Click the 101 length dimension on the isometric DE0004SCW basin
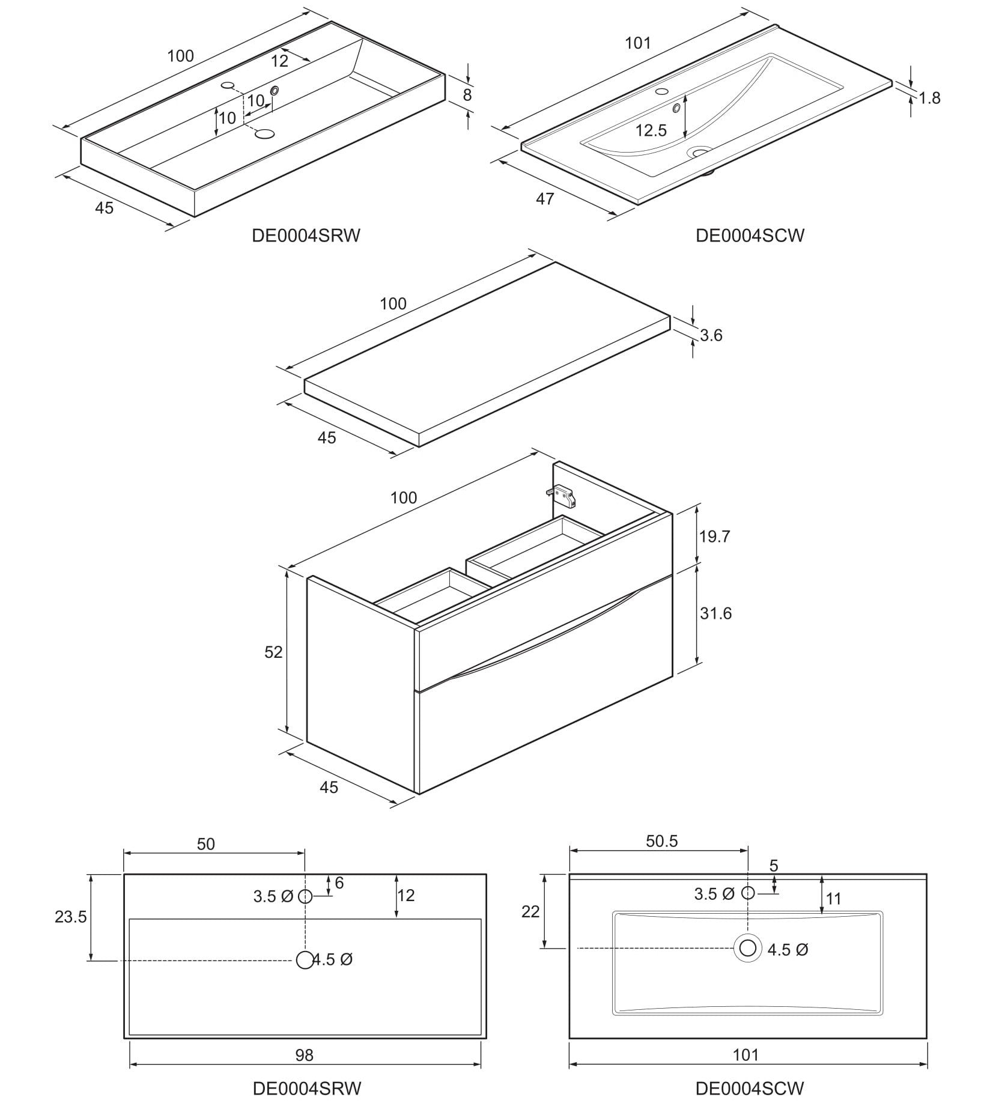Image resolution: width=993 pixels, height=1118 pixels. [x=637, y=43]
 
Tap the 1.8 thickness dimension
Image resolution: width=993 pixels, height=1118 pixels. [x=929, y=97]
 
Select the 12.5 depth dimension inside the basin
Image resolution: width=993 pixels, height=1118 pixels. [x=651, y=130]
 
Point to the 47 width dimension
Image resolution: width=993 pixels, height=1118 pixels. [x=544, y=199]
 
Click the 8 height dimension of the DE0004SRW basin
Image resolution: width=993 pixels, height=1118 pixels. [x=467, y=95]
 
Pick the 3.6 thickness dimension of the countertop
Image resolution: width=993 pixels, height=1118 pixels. [x=711, y=335]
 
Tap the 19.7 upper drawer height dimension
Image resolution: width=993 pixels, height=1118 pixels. [x=714, y=536]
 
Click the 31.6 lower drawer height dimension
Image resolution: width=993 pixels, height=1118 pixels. [x=715, y=613]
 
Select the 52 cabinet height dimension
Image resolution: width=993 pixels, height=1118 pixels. [x=273, y=652]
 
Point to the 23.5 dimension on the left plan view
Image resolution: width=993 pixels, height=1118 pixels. [x=71, y=917]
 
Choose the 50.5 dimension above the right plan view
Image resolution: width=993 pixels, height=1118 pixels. [x=662, y=841]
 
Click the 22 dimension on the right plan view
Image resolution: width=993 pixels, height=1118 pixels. [x=530, y=911]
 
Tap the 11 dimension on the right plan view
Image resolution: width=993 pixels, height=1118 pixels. [x=833, y=899]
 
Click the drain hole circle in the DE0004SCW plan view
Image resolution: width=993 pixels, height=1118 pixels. [x=747, y=948]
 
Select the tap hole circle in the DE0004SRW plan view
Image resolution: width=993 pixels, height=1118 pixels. [x=305, y=897]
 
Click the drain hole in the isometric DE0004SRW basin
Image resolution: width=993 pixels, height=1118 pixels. [x=264, y=134]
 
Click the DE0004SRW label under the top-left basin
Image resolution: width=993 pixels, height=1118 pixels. [x=306, y=235]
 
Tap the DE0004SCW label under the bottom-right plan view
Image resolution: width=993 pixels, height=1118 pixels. [x=749, y=1088]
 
